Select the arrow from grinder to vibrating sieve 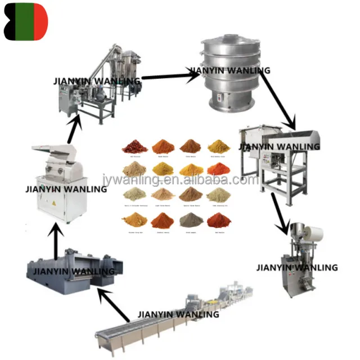pos(163,74)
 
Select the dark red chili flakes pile pos(135,147)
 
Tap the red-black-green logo pos(26,22)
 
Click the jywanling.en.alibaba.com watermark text pos(180,180)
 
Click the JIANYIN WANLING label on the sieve pos(229,71)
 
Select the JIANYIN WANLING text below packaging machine pos(297,267)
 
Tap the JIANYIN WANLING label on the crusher pos(66,189)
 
